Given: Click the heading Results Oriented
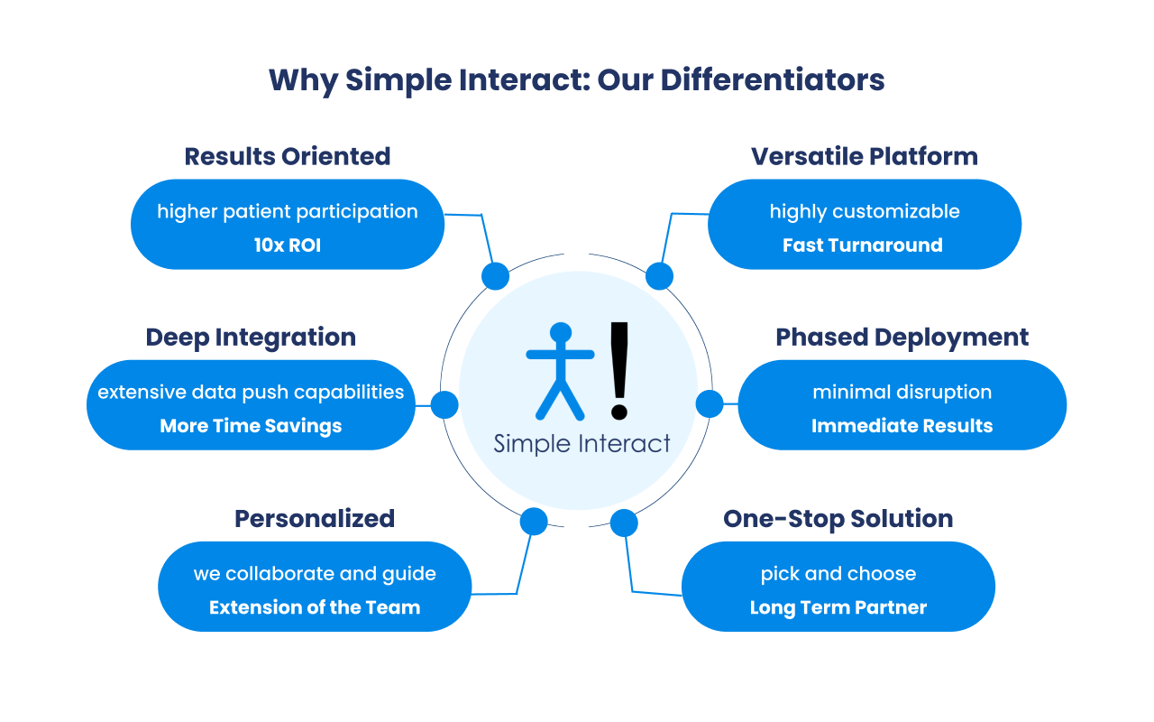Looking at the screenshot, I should [288, 156].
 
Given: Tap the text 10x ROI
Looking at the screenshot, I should [288, 245].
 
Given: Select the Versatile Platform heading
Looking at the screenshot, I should [865, 156].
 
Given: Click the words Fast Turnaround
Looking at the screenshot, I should [863, 245].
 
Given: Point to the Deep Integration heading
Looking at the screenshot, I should [251, 338].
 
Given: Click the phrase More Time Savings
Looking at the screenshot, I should [251, 426].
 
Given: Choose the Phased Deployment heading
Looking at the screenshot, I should [902, 338].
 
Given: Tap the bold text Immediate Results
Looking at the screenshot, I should [902, 426].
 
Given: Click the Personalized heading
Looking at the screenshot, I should [315, 519].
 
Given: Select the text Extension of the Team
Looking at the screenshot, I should [315, 607].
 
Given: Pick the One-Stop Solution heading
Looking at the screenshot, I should [838, 519].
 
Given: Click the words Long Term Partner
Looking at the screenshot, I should [838, 607].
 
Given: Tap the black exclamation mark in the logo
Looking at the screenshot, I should [619, 370].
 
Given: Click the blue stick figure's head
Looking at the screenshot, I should [561, 333].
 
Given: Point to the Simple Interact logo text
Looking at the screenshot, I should [582, 444].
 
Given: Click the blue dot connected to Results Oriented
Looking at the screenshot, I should [495, 276].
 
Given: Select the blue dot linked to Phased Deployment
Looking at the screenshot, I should [710, 403].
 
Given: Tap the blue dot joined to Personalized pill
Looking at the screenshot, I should [534, 521].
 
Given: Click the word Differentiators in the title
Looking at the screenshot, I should [773, 79].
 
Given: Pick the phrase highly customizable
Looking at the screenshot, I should [865, 211].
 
